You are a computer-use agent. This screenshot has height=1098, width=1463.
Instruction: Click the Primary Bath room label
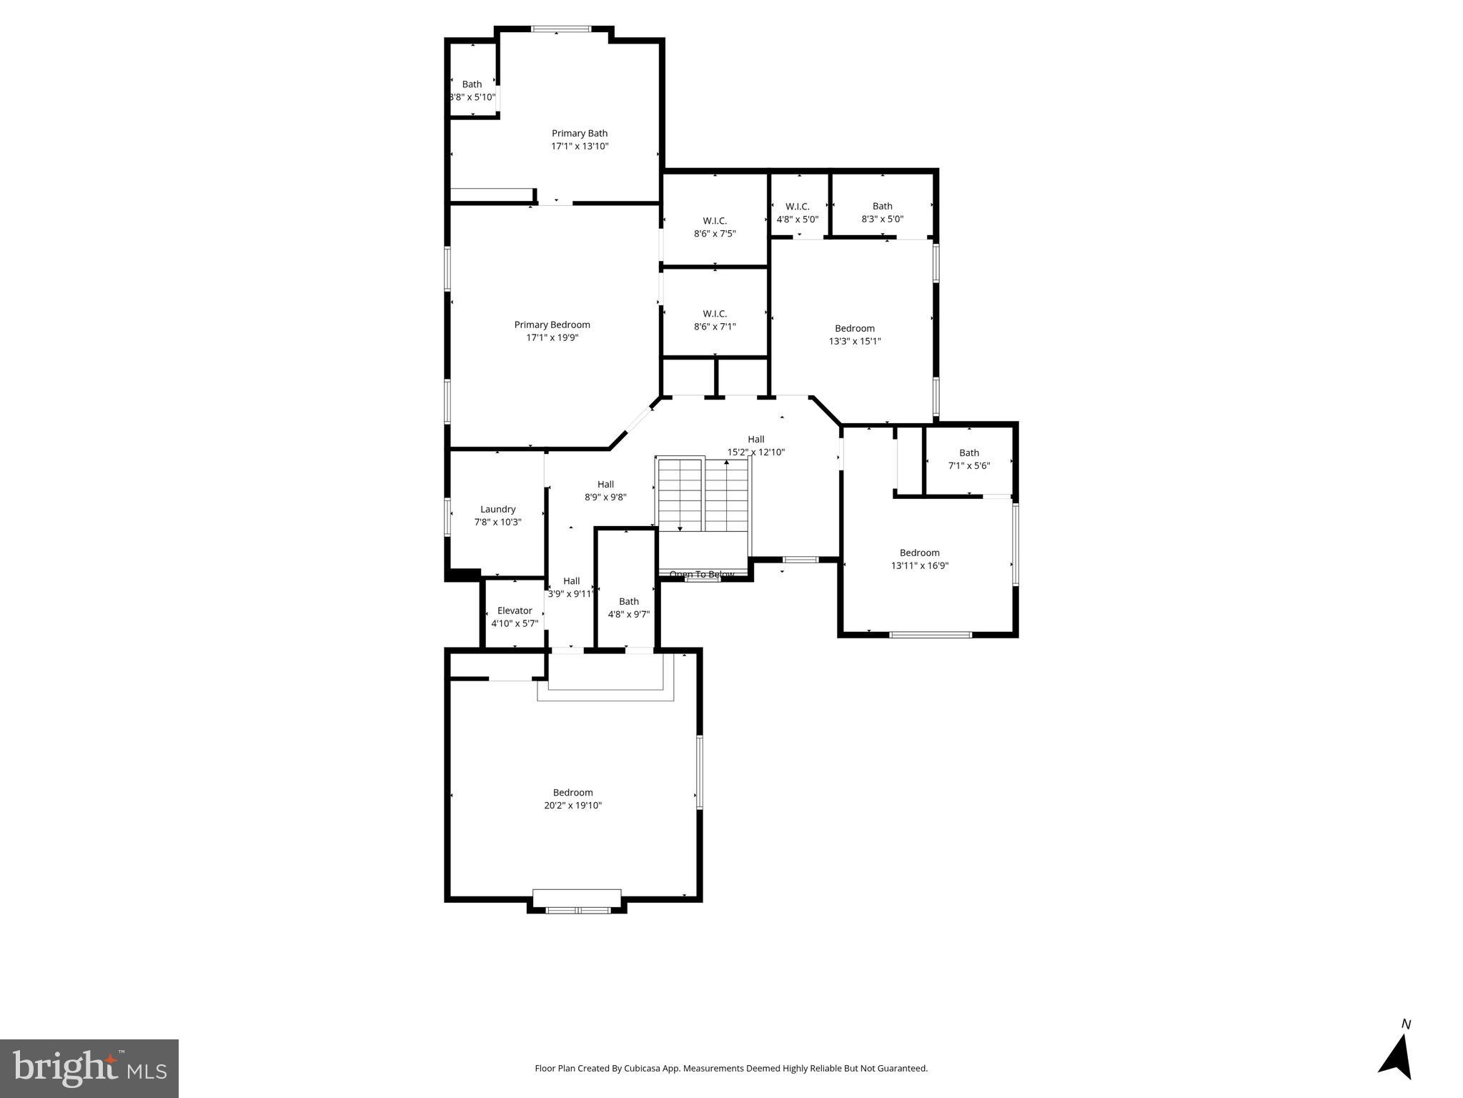pos(579,134)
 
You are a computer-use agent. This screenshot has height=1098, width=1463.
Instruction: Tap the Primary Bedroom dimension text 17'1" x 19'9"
pos(552,337)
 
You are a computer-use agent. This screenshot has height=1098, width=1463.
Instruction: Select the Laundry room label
pos(497,509)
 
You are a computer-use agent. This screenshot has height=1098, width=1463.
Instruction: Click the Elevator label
pos(514,610)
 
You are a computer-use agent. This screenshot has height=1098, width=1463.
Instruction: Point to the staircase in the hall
pos(702,495)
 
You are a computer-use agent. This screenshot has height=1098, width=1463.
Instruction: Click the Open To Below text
pos(701,574)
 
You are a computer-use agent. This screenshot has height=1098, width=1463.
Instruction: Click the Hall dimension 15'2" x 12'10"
pos(755,452)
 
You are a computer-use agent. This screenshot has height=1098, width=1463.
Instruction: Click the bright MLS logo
pos(89,1068)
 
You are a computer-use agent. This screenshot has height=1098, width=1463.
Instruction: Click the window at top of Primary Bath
pos(561,29)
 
